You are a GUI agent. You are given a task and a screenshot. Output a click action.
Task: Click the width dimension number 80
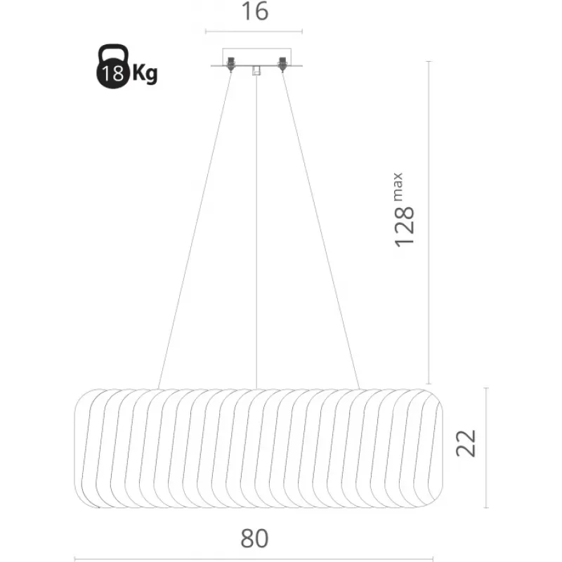click(254, 538)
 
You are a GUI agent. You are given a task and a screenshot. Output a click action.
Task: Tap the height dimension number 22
click(466, 443)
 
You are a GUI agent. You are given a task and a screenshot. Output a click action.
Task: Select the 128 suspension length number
click(405, 227)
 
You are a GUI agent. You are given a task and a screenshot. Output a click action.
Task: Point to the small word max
click(398, 187)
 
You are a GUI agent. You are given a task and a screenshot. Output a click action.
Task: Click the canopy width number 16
click(255, 11)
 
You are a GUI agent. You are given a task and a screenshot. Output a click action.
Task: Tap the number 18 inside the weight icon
click(112, 73)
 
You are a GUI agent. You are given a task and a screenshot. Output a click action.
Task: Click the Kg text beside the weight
click(145, 74)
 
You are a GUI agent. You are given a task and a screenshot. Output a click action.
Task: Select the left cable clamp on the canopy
click(231, 64)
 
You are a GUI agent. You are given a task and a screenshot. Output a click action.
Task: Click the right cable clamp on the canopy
click(282, 64)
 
